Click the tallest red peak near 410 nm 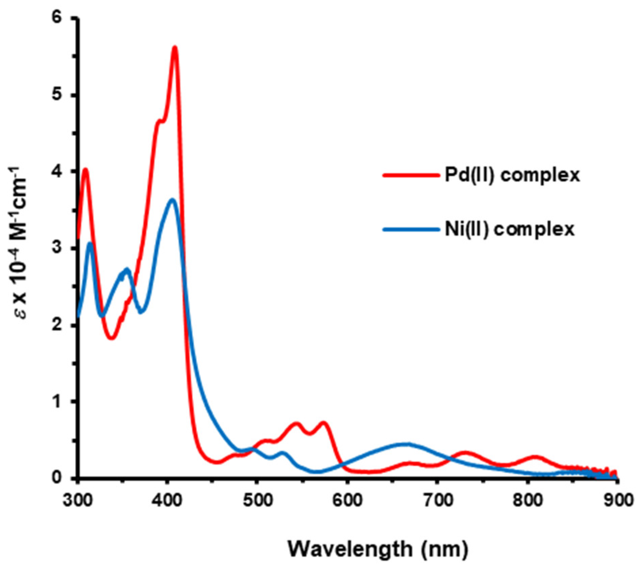175,48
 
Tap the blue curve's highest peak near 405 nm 172,200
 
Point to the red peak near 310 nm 86,169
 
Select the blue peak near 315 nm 90,243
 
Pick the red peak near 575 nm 324,423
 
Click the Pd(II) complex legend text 512,175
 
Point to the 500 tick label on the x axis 258,500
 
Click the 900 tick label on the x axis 618,500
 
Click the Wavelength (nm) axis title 378,549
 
